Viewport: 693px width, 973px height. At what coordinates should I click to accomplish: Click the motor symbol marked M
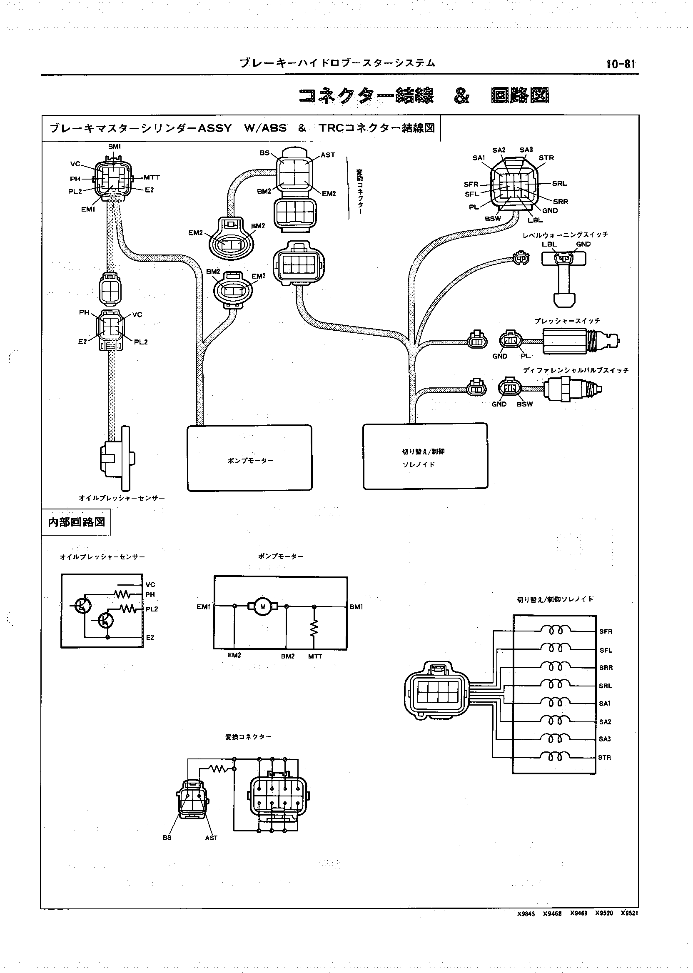263,607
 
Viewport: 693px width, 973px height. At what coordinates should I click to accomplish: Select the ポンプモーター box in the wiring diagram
249,458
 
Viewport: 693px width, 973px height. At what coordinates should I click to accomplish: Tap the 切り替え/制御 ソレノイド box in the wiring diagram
425,456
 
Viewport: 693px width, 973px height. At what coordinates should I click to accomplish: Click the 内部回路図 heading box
76,522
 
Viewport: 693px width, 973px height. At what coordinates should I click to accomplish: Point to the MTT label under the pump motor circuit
315,656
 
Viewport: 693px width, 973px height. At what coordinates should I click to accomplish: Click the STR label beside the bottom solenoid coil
604,758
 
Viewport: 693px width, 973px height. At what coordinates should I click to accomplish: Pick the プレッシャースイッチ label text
567,321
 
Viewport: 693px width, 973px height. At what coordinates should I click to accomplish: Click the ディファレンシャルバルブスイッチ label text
576,370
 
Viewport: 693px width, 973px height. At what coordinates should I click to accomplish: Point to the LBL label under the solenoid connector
535,220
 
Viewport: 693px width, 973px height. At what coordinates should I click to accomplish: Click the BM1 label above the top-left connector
115,146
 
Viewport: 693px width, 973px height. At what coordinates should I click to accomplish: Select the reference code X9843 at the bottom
526,914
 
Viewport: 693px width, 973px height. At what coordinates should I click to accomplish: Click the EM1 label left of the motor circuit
204,607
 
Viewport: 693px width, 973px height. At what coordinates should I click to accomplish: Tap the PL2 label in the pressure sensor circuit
152,609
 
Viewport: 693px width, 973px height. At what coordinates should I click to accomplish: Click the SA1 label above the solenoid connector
479,158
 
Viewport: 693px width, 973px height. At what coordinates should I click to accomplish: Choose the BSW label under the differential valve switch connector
525,404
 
